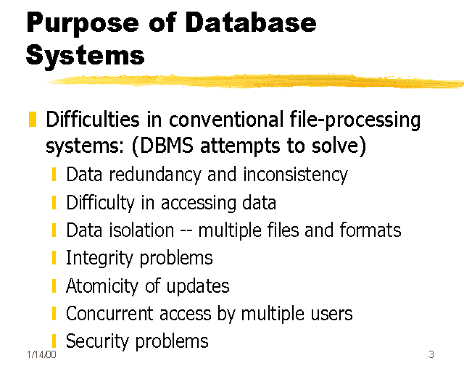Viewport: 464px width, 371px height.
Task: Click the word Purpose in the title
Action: click(x=84, y=23)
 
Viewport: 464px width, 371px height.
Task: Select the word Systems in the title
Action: click(x=85, y=55)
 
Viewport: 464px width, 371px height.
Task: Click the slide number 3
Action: click(x=431, y=354)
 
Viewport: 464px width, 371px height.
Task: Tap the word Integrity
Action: click(x=94, y=259)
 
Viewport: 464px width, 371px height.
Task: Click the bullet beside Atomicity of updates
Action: click(x=54, y=286)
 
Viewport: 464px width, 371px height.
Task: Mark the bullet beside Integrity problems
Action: click(x=54, y=259)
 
